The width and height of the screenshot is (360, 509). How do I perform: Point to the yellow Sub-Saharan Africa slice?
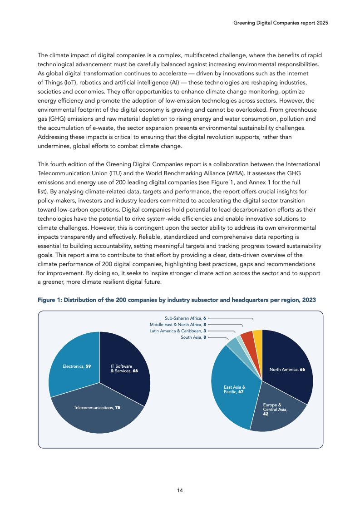click(257, 336)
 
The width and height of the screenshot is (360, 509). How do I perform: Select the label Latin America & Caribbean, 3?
click(178, 331)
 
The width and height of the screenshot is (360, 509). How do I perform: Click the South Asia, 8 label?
click(193, 337)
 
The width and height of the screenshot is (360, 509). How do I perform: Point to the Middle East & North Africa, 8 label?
click(178, 325)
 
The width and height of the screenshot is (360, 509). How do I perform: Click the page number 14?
click(180, 490)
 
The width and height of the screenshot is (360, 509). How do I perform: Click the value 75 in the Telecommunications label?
click(118, 408)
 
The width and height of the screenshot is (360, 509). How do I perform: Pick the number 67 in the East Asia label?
click(241, 391)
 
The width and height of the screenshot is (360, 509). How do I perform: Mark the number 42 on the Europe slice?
click(266, 414)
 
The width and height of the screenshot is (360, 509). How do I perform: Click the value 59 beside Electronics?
click(88, 366)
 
